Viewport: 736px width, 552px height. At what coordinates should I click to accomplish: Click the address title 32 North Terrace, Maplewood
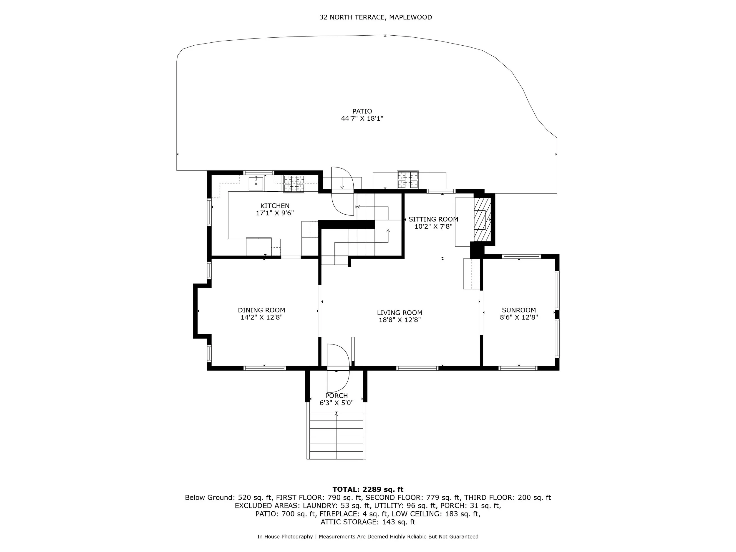(376, 17)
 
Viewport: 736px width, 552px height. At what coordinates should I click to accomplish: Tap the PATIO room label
(362, 111)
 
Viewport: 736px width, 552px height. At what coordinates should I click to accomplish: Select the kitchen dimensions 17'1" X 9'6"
(275, 213)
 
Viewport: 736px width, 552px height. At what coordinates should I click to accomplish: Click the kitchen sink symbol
(256, 183)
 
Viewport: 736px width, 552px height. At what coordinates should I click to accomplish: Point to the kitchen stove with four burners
(294, 184)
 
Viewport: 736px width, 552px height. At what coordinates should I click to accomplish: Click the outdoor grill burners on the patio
(407, 179)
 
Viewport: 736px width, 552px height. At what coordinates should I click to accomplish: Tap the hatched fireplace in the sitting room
(482, 220)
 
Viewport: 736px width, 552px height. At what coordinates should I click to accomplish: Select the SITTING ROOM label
(433, 219)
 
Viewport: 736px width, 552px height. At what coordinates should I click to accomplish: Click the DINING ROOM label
(261, 310)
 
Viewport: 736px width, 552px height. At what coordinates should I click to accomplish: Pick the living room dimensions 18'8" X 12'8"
(400, 320)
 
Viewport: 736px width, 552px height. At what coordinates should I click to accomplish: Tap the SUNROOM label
(519, 310)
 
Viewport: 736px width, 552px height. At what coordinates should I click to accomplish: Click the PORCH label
(336, 396)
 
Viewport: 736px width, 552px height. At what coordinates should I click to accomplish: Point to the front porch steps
(336, 436)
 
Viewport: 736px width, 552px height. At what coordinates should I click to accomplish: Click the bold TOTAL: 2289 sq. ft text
(368, 490)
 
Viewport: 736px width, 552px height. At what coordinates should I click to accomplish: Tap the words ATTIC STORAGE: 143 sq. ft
(368, 522)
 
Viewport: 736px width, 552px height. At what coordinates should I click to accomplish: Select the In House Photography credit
(285, 537)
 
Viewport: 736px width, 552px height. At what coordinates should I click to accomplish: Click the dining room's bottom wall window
(265, 368)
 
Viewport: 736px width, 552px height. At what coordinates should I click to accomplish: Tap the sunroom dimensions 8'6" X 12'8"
(519, 317)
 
